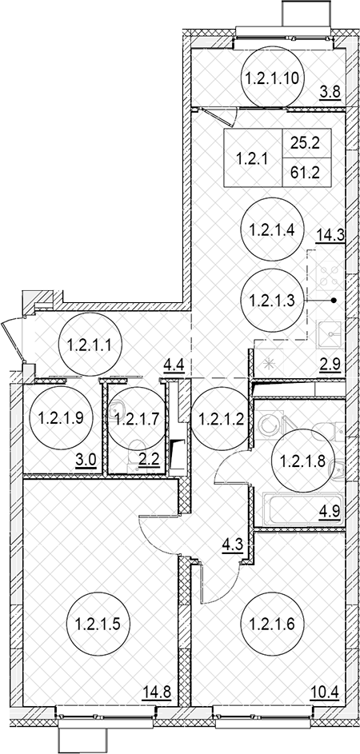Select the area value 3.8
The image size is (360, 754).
(330, 91)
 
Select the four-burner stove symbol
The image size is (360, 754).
(328, 277)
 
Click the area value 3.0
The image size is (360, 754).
(87, 464)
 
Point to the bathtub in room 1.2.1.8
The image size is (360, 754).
(302, 509)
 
